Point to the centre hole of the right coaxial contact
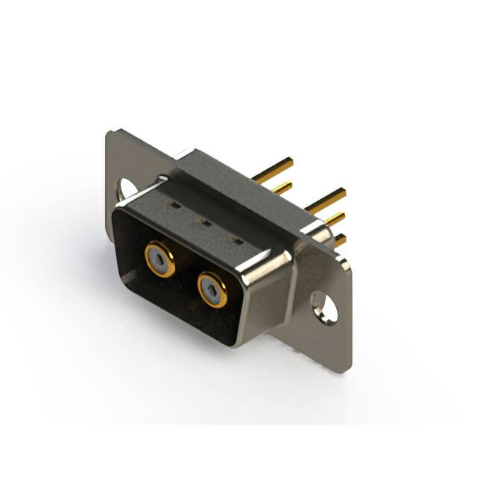(212, 288)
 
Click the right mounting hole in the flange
(325, 306)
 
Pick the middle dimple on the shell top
(200, 221)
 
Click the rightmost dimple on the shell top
(236, 241)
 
